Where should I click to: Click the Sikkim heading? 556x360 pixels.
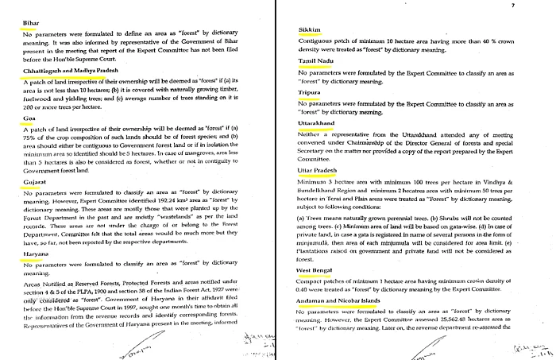tap(308, 29)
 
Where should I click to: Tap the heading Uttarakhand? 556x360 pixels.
tap(317, 124)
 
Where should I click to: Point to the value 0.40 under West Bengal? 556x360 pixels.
tap(304, 292)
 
